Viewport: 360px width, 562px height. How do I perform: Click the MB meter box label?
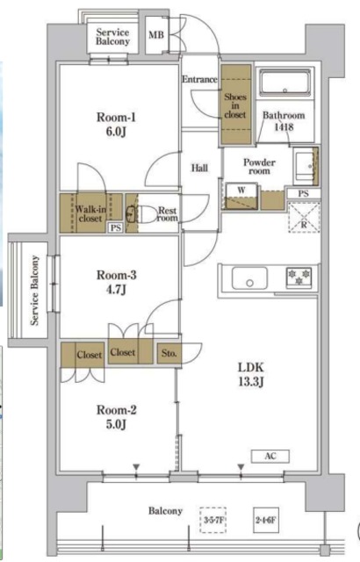click(156, 35)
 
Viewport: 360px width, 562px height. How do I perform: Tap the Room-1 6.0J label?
click(116, 125)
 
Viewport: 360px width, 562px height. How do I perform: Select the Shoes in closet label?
click(235, 105)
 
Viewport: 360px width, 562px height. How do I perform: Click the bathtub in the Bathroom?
click(284, 83)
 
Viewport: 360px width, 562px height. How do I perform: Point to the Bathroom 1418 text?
click(284, 121)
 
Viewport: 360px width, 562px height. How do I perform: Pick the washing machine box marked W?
click(241, 196)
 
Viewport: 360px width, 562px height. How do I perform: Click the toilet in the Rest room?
click(148, 214)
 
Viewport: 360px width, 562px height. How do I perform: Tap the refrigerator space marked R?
click(304, 218)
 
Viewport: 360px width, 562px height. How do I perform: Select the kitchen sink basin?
click(249, 278)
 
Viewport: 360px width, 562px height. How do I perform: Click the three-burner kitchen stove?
click(299, 277)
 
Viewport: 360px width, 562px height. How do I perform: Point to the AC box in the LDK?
click(270, 457)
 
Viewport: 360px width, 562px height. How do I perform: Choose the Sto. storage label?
click(169, 353)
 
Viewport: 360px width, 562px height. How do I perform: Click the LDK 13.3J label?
click(251, 375)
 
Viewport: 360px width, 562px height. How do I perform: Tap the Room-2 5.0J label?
click(117, 417)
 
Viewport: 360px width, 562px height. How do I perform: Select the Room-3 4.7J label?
click(117, 282)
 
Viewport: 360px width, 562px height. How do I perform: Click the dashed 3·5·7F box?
click(213, 520)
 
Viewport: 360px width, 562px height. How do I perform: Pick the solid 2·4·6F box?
click(266, 520)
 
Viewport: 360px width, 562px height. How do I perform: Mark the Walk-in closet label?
click(90, 213)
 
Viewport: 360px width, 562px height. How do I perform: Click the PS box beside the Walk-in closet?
click(115, 227)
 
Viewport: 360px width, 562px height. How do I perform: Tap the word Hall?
click(199, 168)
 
